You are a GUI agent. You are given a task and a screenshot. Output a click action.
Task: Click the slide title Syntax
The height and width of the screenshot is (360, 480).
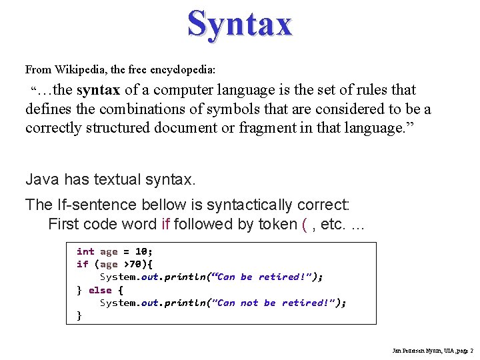[239, 24]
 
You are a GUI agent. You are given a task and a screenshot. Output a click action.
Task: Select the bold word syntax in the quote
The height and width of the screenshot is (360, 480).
[99, 90]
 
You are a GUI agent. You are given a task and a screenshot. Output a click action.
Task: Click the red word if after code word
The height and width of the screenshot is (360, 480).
[166, 224]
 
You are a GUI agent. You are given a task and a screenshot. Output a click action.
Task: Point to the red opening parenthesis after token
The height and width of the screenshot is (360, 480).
[304, 224]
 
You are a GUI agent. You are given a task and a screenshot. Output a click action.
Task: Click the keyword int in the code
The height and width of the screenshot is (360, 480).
[85, 251]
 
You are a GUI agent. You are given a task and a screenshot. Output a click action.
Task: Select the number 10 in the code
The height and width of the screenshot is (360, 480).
[141, 251]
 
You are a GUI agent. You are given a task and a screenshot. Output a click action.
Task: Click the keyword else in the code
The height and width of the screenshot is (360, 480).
[100, 290]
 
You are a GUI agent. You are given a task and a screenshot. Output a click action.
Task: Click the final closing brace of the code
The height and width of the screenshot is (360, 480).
[79, 315]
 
